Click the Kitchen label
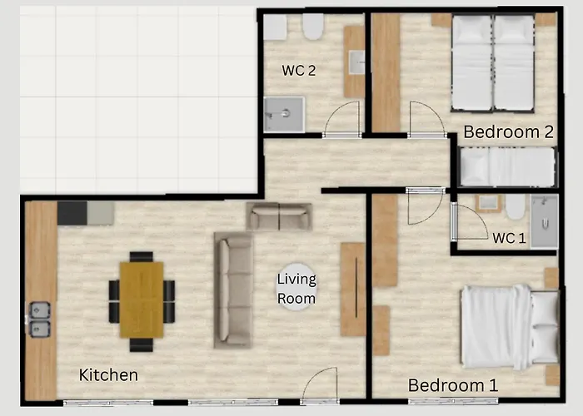[x=108, y=375]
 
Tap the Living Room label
[x=296, y=289]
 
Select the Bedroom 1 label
[x=453, y=385]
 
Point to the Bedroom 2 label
[x=508, y=131]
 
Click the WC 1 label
[x=509, y=238]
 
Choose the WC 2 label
[x=298, y=70]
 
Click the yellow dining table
[x=142, y=300]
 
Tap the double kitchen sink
[x=40, y=319]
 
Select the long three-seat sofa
[x=233, y=290]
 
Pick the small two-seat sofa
[x=279, y=216]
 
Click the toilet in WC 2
[x=312, y=27]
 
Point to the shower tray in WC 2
[x=285, y=115]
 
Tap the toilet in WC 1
[x=516, y=206]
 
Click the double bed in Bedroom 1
[x=511, y=327]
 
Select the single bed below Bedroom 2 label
[x=508, y=166]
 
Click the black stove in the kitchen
[x=72, y=213]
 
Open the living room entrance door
[x=320, y=385]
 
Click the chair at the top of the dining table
[x=142, y=256]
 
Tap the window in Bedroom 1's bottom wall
[x=453, y=401]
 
